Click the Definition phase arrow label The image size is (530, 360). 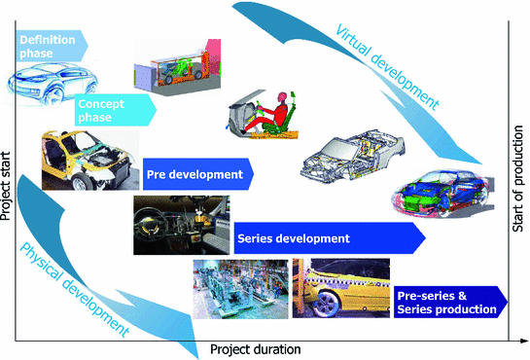tap(50, 45)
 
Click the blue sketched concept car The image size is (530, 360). tap(44, 79)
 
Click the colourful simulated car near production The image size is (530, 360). tap(438, 194)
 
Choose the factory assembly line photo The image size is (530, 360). tap(240, 288)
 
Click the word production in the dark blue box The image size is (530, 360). tap(468, 309)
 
